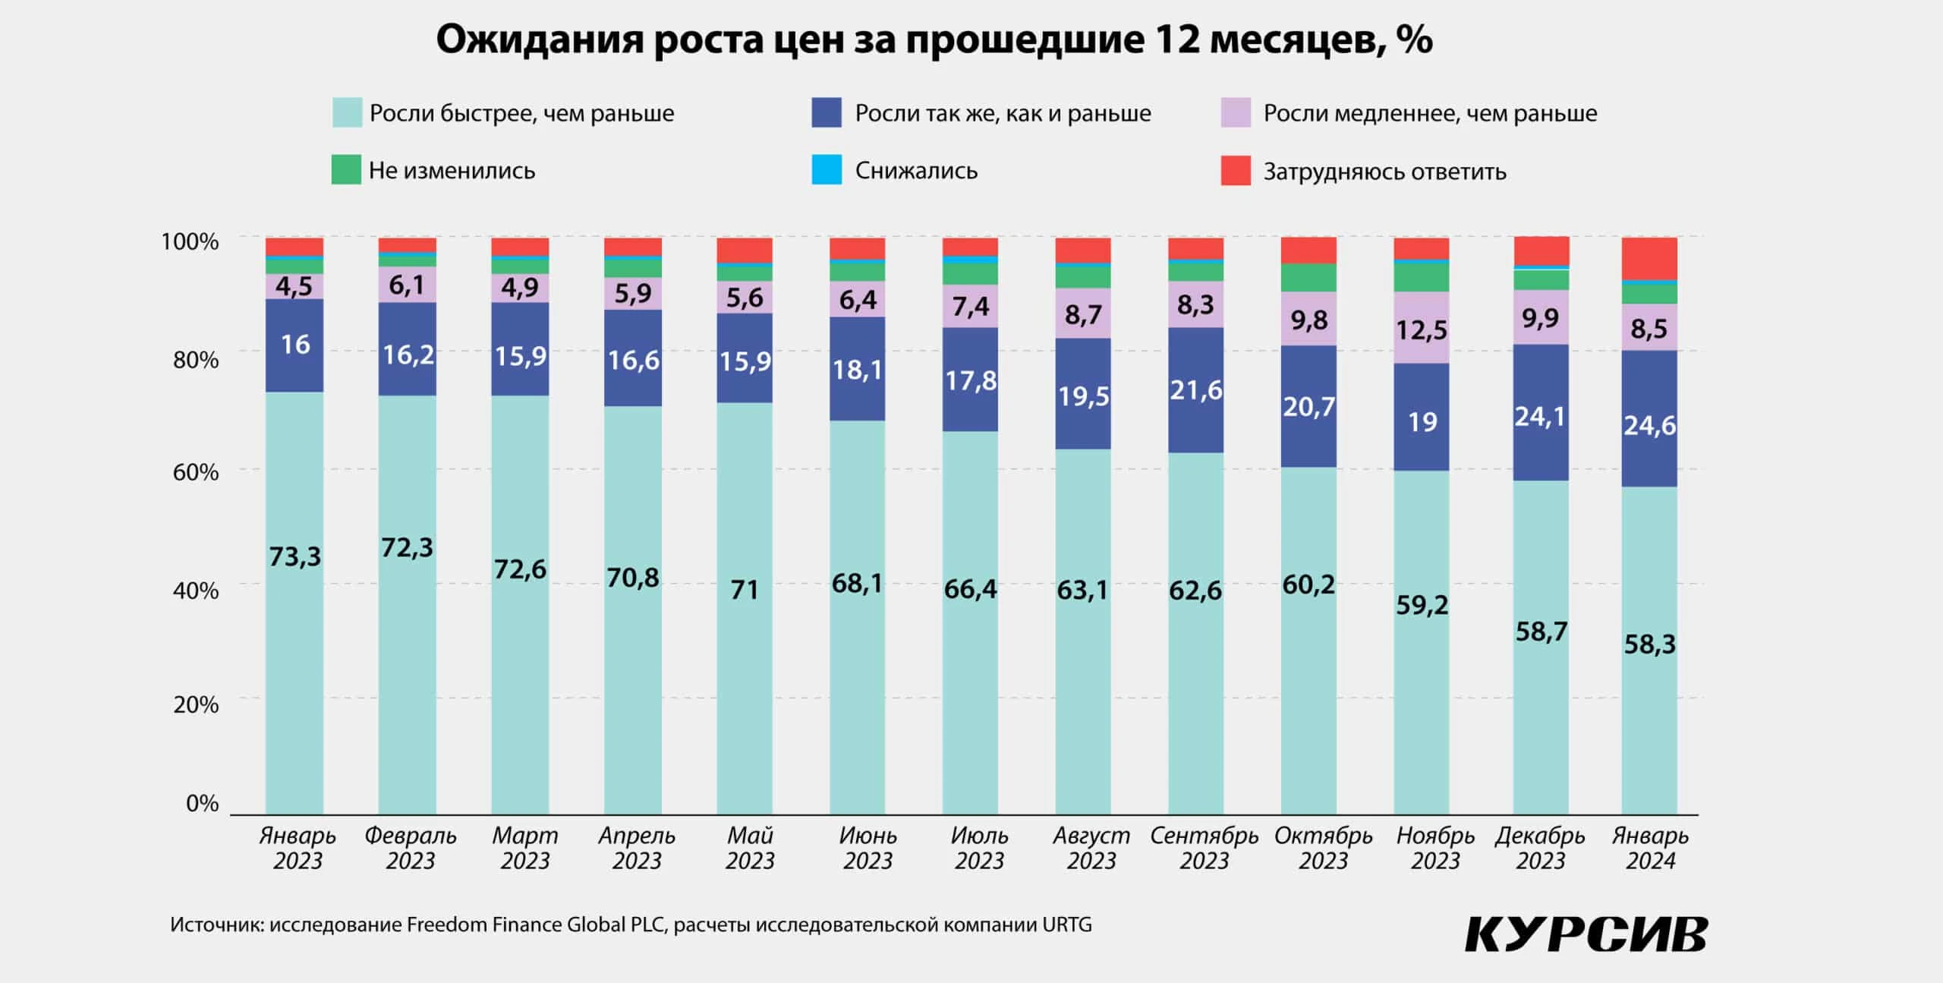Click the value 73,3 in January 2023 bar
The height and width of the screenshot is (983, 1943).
295,557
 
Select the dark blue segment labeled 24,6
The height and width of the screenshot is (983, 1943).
1649,425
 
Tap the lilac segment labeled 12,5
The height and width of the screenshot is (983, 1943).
1422,329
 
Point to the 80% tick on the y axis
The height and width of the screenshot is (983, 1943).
195,359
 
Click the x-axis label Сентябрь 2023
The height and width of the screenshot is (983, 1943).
1204,848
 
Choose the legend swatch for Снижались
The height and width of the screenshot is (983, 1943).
827,170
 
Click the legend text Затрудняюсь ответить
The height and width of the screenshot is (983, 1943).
1384,172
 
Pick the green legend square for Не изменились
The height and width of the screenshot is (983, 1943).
346,170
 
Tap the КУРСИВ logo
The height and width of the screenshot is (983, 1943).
1586,934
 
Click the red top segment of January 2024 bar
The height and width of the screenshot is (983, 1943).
1649,258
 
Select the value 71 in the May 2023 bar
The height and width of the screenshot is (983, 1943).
745,590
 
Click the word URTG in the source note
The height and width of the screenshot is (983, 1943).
1067,925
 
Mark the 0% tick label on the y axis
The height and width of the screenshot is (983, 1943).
202,803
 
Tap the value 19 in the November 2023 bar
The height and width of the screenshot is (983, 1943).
1422,422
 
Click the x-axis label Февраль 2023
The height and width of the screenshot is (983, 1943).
411,848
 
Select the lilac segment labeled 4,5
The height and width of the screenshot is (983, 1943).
294,286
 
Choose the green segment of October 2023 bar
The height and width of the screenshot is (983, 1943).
1308,278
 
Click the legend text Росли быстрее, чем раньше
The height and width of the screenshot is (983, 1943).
521,114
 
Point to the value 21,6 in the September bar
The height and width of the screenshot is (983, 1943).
1195,390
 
